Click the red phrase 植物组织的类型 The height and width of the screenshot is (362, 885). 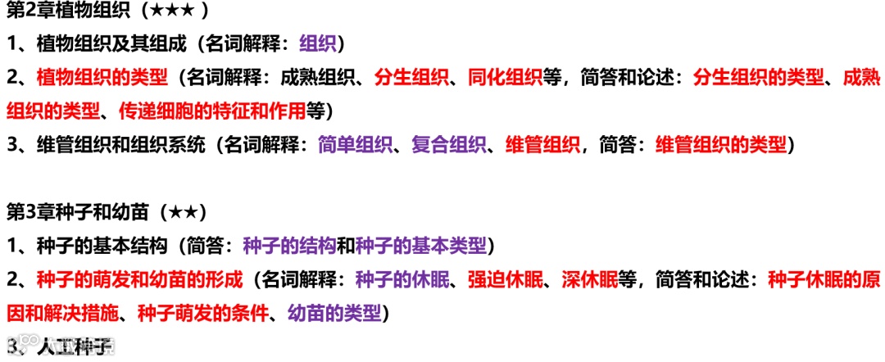coord(102,78)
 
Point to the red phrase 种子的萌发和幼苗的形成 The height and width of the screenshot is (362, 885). coord(140,279)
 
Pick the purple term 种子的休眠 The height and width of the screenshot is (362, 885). coord(402,279)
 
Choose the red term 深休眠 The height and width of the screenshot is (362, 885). coord(589,279)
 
